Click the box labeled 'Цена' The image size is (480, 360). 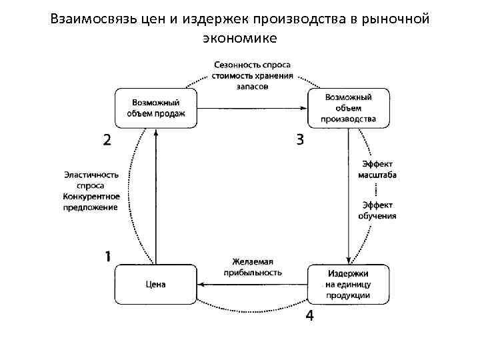[156, 285]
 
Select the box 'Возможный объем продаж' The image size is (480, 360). [156, 108]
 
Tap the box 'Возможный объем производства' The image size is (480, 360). [348, 108]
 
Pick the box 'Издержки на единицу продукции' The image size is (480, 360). [348, 285]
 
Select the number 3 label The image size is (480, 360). [300, 139]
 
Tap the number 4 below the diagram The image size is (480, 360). [309, 315]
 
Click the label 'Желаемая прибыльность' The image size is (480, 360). [253, 267]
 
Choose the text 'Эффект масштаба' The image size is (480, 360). [377, 169]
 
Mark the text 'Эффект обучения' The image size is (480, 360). [377, 210]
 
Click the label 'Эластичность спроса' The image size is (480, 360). [91, 180]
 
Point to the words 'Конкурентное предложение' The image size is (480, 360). [91, 201]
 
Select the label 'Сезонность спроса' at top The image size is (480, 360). [252, 65]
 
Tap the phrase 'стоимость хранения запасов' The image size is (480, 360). [252, 81]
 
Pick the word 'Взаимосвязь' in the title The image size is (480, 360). [93, 19]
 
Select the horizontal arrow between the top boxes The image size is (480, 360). [252, 108]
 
